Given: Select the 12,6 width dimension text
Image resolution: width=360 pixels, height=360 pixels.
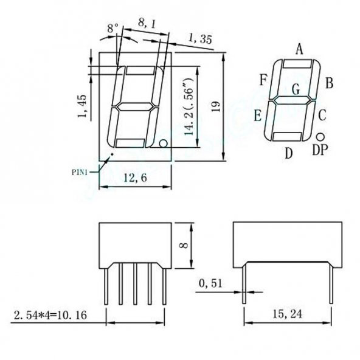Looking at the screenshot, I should pos(134,178).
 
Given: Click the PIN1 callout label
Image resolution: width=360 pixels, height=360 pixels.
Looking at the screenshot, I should pos(80,172).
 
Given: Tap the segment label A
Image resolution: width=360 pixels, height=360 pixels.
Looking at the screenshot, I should pos(299,49).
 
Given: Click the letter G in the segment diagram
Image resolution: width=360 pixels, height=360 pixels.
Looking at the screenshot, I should pos(296,89).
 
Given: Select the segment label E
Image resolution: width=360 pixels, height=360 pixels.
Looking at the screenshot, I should pos(258,115).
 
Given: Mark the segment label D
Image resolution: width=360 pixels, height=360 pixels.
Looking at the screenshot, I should pos(289,153).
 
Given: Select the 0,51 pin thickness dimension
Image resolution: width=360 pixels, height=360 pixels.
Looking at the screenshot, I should pos(212,283).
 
